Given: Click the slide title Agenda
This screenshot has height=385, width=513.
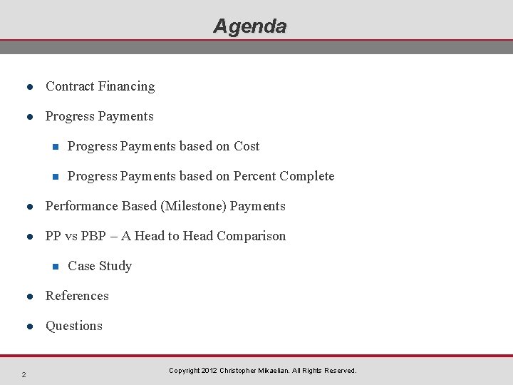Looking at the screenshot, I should [250, 26].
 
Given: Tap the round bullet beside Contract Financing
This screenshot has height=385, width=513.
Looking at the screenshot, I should [30, 87].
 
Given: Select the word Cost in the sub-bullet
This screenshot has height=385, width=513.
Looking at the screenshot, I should [247, 146].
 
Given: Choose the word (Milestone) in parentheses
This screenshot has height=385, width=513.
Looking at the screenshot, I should [192, 206].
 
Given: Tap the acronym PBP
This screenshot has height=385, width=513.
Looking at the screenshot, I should [93, 236].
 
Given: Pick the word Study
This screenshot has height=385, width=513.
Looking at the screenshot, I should [115, 266].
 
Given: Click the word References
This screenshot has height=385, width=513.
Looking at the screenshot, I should [77, 296].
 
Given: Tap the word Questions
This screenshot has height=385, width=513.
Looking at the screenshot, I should [74, 326].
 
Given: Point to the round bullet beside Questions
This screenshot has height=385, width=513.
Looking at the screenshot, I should [30, 327].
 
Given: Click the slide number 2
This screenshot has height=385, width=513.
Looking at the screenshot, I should [24, 375].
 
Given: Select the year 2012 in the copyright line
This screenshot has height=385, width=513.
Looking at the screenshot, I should [209, 371].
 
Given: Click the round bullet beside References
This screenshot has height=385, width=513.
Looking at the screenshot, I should [30, 297].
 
